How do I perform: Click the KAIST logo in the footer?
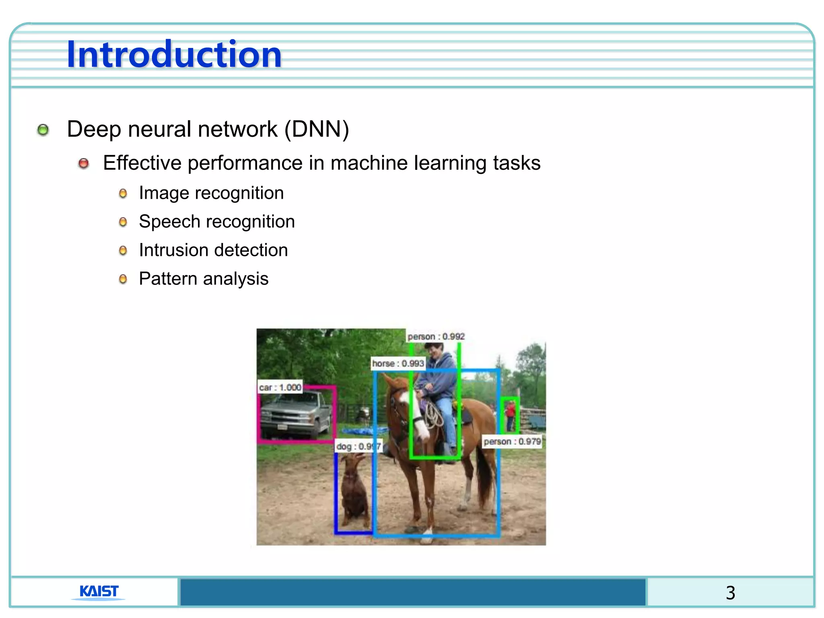99,591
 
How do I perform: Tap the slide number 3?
730,593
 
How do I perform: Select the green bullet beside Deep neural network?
43,130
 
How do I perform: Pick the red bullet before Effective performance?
84,163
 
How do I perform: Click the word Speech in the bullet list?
169,222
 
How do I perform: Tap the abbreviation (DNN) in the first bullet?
317,130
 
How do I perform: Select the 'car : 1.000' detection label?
280,387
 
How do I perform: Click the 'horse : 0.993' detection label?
398,363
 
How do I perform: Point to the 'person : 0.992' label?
436,336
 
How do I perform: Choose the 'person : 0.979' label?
512,441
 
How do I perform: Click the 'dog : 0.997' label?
358,446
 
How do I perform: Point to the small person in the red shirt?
510,414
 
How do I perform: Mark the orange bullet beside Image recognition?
123,194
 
